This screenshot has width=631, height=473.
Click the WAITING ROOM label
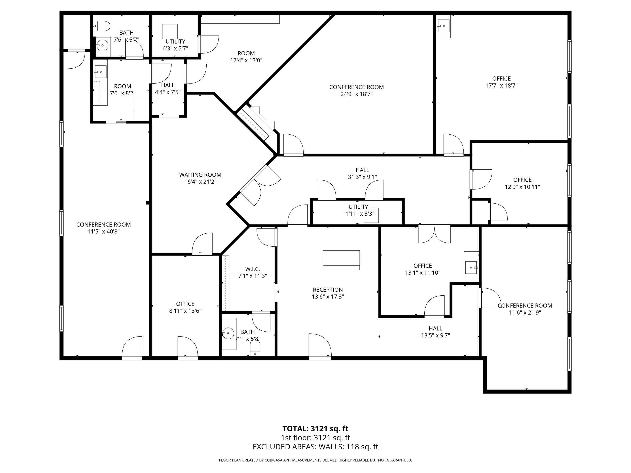click(200, 175)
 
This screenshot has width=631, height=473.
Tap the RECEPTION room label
click(328, 290)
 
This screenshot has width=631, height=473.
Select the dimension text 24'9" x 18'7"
click(357, 94)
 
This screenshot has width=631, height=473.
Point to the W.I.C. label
click(253, 269)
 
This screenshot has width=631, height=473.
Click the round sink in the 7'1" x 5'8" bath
click(228, 333)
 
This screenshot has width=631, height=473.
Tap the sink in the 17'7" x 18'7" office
click(443, 26)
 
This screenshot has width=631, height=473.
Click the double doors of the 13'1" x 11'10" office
click(434, 234)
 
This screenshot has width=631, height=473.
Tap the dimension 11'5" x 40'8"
click(104, 232)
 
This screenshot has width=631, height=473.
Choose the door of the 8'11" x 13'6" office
click(188, 347)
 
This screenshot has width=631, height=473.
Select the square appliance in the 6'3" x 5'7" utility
click(170, 31)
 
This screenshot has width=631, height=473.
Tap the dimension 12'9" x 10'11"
click(522, 187)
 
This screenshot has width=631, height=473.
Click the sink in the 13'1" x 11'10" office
click(471, 267)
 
